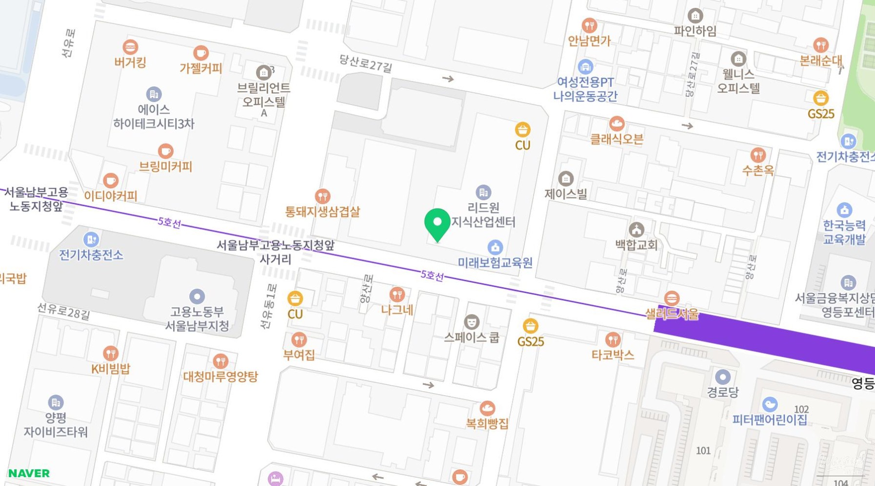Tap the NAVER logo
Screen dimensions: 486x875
point(29,473)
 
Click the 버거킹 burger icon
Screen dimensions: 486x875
point(130,47)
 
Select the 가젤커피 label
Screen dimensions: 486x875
point(200,68)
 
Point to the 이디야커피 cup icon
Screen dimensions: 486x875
point(111,180)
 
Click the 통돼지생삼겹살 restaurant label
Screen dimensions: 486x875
point(322,211)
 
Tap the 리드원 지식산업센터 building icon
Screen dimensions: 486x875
point(483,192)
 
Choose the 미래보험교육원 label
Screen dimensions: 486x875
point(495,263)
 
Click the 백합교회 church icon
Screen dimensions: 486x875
point(636,229)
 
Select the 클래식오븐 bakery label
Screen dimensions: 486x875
point(616,139)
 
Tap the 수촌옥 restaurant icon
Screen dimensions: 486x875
point(757,155)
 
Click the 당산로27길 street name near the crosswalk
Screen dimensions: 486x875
point(365,63)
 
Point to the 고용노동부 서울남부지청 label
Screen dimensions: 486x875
point(197,318)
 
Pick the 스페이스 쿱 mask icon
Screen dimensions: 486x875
point(471,321)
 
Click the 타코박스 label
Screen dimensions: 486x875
point(613,355)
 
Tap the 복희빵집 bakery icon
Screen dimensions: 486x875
point(487,408)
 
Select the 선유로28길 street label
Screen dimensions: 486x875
point(63,311)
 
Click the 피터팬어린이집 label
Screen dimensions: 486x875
point(769,420)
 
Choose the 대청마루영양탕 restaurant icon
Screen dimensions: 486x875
point(220,361)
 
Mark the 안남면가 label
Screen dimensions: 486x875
point(589,41)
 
